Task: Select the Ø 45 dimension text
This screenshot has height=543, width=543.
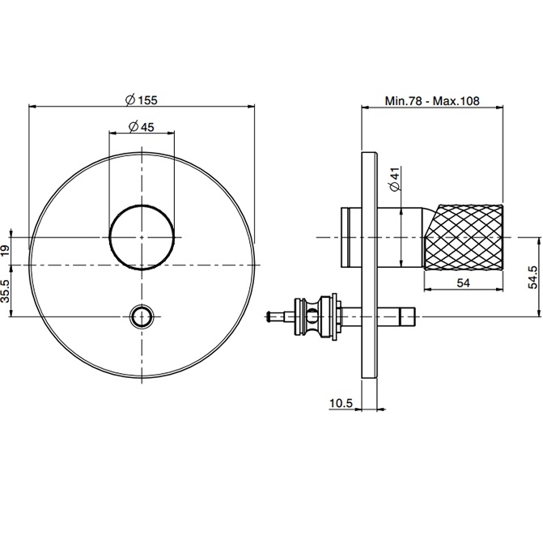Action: [x=142, y=126]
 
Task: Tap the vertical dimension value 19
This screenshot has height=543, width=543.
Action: [x=7, y=251]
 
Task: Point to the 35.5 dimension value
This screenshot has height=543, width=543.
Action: [x=7, y=291]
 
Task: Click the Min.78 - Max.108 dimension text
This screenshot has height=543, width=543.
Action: [x=432, y=102]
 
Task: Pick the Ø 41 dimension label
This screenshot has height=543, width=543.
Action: [x=394, y=180]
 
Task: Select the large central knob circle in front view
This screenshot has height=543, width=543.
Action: [x=142, y=236]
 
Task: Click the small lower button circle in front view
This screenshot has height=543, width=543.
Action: [x=142, y=315]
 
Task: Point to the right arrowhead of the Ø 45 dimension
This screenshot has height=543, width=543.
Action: [x=172, y=134]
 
